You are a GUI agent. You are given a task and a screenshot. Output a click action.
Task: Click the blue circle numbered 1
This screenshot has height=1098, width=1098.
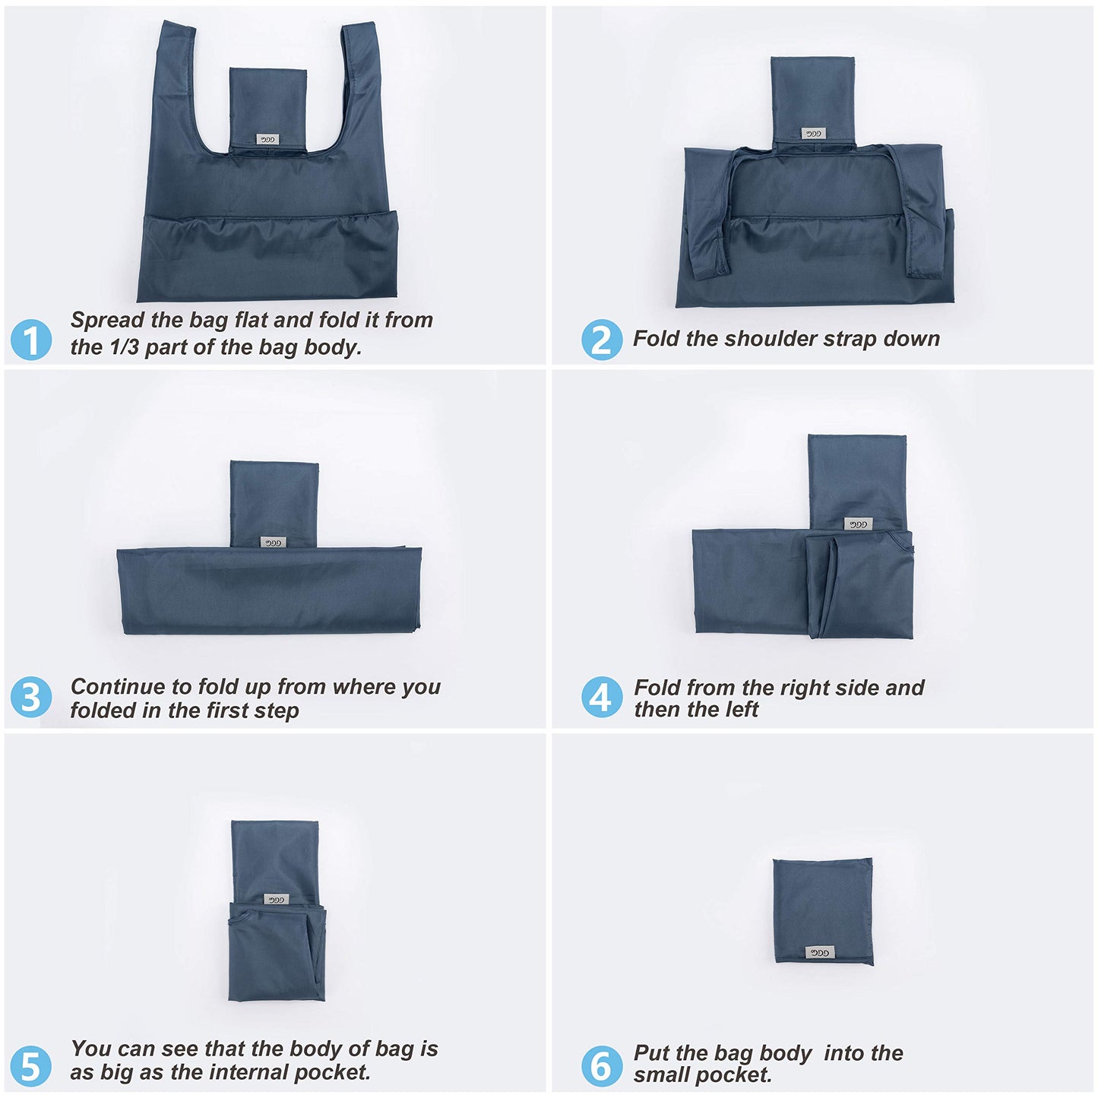(x=31, y=340)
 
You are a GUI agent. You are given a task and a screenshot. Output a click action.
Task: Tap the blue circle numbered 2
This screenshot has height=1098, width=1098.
(x=601, y=340)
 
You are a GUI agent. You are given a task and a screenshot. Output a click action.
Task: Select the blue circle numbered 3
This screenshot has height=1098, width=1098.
(x=31, y=698)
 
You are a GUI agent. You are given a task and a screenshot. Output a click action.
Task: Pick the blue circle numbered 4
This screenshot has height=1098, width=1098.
(x=601, y=698)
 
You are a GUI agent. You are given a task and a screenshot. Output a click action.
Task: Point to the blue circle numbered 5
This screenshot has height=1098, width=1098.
(x=31, y=1065)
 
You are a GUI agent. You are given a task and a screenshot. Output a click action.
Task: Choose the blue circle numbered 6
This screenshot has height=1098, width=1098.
(x=601, y=1065)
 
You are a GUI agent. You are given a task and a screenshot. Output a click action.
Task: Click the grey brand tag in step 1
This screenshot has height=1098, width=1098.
(x=267, y=139)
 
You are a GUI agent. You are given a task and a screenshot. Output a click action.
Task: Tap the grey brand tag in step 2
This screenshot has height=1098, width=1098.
(x=812, y=133)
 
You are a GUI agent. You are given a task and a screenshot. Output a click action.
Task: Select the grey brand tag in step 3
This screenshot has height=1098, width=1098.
(x=272, y=542)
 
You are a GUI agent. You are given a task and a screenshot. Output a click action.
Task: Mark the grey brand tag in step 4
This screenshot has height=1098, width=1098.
(x=857, y=524)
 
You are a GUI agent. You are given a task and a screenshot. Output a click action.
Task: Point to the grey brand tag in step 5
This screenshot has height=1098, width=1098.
(x=276, y=899)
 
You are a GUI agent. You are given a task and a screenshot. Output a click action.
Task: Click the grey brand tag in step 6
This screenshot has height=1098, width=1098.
(x=819, y=952)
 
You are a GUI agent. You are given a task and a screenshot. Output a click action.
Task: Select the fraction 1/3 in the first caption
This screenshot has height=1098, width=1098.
(x=125, y=347)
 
